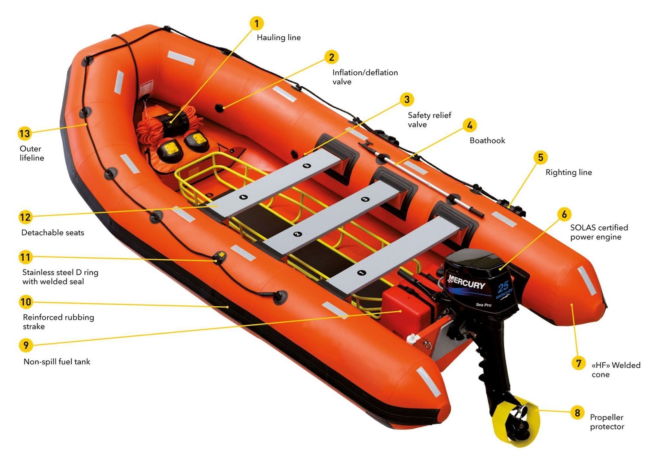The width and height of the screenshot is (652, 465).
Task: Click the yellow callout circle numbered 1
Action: pos(256,23)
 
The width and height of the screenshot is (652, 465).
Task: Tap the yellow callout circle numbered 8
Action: pos(577,412)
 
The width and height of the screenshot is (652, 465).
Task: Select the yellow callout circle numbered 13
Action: pos(25,134)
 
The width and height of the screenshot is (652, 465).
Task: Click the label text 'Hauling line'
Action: pos(279,37)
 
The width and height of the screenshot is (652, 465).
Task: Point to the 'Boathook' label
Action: pos(487,140)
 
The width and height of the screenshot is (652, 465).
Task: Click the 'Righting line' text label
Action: pos(568,173)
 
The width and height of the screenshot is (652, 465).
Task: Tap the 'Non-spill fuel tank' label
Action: pos(57,362)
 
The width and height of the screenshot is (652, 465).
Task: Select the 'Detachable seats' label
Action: pos(53,232)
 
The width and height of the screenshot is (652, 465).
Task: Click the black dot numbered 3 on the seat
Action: pos(365,199)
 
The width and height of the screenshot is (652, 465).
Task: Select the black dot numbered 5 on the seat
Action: pos(307,165)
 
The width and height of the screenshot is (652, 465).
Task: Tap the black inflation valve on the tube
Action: pos(219,108)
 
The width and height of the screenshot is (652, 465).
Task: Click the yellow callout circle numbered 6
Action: pos(564,214)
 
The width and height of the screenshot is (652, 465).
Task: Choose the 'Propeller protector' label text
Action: pos(607,422)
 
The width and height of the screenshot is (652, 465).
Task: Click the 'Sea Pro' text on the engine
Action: pos(483,305)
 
